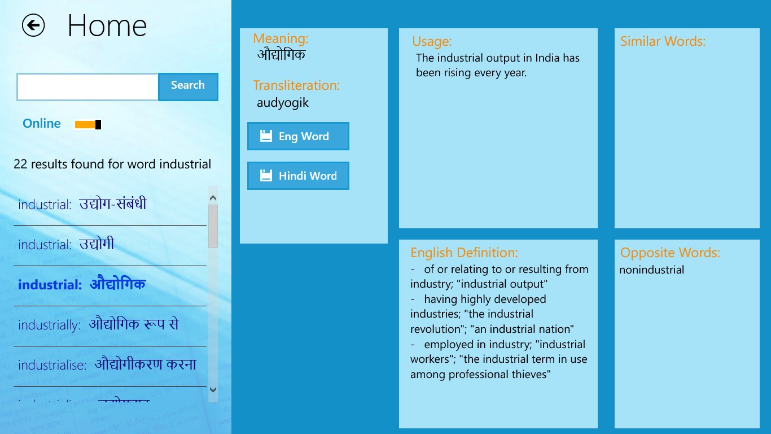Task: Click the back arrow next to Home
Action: tap(33, 25)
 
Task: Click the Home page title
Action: tap(107, 26)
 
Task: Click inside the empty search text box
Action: tap(87, 87)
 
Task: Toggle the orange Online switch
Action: tap(88, 124)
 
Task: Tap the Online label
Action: tap(42, 124)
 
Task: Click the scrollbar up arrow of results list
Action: tap(213, 198)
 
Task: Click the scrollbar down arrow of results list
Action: tap(213, 389)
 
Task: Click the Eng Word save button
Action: tap(298, 136)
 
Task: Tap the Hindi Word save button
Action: tap(298, 176)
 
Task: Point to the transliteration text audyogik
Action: tap(283, 103)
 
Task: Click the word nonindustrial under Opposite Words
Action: tap(651, 270)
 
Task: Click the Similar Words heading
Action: tap(663, 41)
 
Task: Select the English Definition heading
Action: tap(463, 253)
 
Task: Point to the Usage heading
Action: tap(432, 41)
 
